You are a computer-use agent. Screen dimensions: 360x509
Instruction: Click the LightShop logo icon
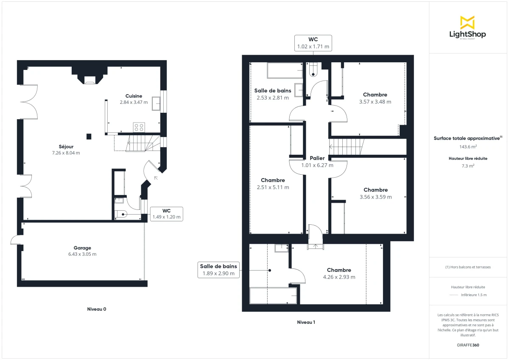[x=467, y=22]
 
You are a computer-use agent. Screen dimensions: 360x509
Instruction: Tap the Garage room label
[x=82, y=248]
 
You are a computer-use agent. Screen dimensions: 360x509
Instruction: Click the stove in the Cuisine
[x=139, y=126]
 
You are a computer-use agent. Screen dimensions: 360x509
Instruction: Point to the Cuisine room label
[x=134, y=96]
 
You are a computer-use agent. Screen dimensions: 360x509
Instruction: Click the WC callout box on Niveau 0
[x=166, y=214]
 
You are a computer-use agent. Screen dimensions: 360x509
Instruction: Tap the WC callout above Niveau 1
[x=313, y=43]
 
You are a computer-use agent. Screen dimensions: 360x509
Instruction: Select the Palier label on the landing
[x=317, y=158]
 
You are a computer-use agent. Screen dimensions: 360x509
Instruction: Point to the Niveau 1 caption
[x=306, y=322]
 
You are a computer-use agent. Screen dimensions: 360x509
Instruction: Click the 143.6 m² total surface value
[x=468, y=147]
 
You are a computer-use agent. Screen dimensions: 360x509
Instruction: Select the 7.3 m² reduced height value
[x=468, y=166]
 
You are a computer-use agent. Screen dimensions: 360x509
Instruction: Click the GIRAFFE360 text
[x=468, y=345]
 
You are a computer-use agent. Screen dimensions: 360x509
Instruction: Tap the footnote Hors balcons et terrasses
[x=468, y=267]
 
